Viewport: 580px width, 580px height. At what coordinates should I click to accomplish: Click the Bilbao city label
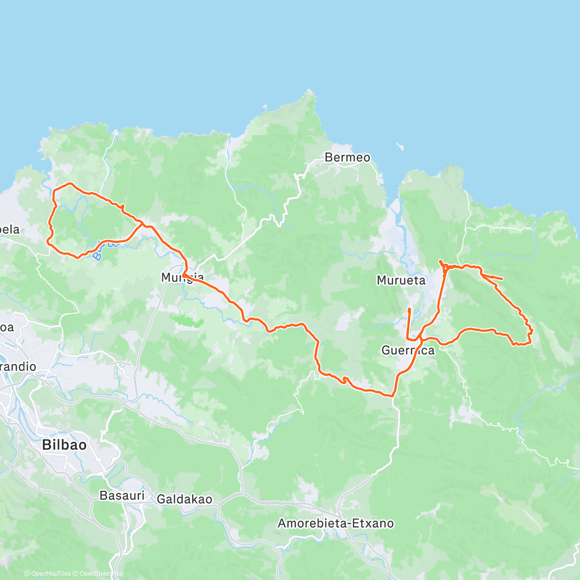tap(64, 445)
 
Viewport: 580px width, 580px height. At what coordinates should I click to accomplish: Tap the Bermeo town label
tap(348, 157)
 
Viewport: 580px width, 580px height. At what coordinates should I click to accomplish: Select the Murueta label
tap(401, 280)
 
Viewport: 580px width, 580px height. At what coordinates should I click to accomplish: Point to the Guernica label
tap(408, 350)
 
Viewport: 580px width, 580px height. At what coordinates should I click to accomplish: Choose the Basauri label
tap(122, 495)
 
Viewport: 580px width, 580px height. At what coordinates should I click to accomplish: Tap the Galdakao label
tap(185, 499)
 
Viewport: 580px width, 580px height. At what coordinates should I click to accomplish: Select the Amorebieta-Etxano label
tap(335, 523)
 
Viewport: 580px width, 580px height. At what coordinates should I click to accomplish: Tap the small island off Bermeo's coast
tap(399, 145)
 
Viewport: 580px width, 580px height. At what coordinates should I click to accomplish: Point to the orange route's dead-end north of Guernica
tap(409, 309)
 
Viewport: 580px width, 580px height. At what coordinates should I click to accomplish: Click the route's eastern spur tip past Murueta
tap(503, 279)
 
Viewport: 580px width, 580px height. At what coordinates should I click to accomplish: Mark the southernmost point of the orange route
tap(392, 396)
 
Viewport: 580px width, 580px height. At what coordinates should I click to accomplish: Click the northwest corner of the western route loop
tap(54, 189)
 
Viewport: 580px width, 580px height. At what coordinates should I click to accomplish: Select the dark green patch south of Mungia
tap(186, 319)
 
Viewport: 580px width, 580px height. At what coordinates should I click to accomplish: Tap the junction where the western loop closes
tap(142, 224)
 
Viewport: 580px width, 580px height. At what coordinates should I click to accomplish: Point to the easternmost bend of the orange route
tap(532, 332)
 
